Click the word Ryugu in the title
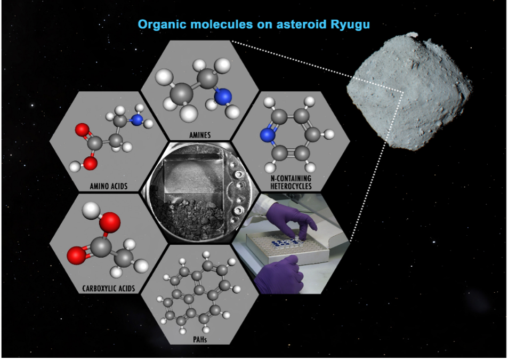(x=350, y=25)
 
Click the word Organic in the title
(x=162, y=25)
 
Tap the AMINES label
(x=200, y=135)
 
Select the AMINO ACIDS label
(x=109, y=186)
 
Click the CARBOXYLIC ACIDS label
(x=109, y=288)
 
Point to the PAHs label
(x=199, y=339)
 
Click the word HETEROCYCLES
(x=291, y=186)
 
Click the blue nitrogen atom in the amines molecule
(x=223, y=97)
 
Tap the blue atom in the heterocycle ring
(x=268, y=135)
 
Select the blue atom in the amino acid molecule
(x=138, y=120)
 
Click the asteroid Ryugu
(x=409, y=92)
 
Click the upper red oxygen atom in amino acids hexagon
(x=82, y=130)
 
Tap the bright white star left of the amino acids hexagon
(x=32, y=105)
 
